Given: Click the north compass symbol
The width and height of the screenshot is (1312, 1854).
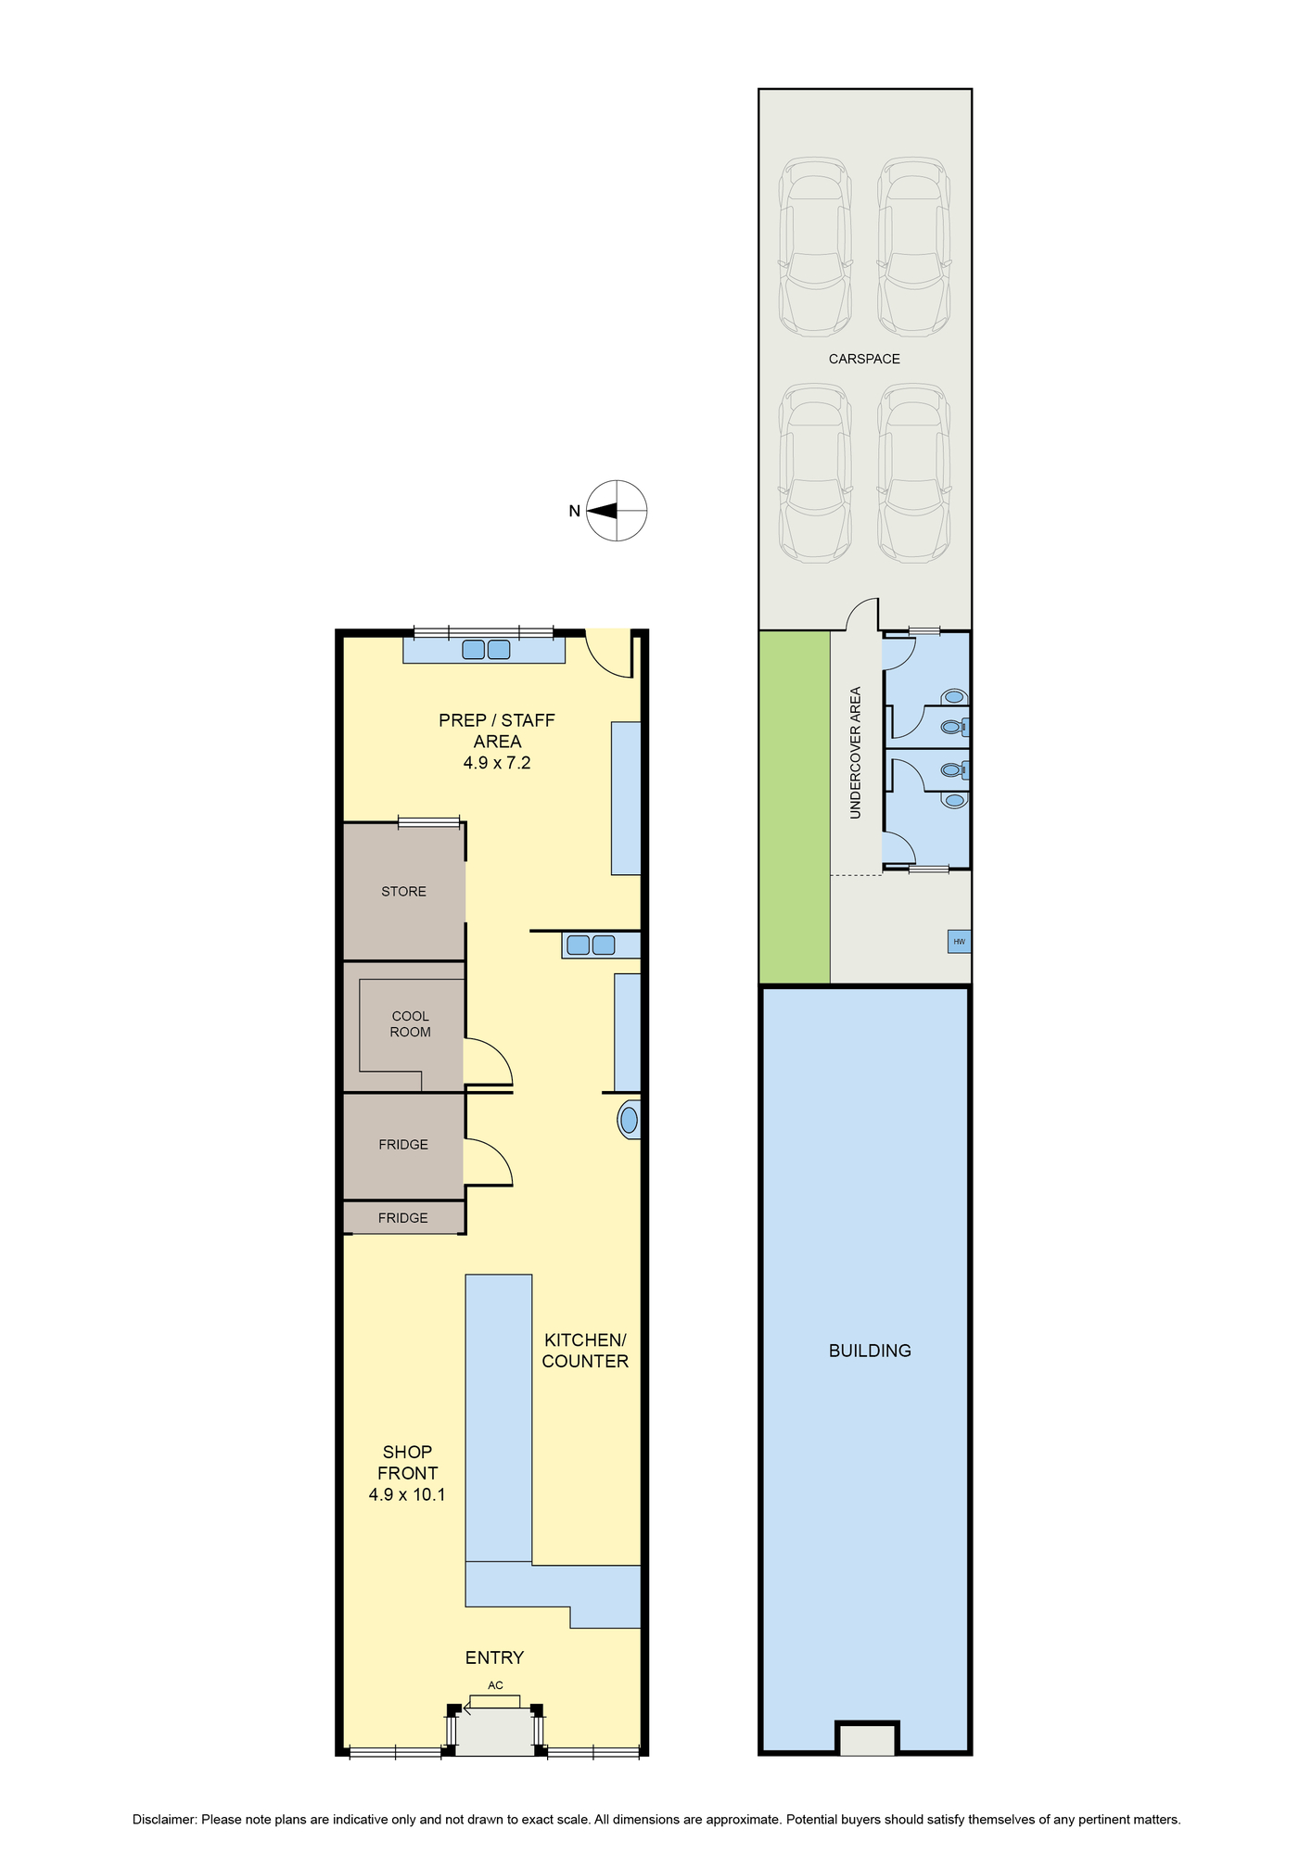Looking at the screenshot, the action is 617,511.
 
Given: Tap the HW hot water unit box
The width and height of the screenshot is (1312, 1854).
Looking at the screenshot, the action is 959,942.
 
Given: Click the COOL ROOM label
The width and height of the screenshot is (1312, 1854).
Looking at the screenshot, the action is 410,1024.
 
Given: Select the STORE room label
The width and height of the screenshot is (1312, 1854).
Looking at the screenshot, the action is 403,892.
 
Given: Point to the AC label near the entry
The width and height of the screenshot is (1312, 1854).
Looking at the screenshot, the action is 495,1685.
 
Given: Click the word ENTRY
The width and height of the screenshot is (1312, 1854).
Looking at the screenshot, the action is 494,1657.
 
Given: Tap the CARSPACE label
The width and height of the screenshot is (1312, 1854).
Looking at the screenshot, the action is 864,359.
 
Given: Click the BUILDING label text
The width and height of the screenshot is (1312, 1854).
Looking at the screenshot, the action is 870,1351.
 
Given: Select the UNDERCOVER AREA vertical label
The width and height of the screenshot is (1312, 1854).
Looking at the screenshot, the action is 855,752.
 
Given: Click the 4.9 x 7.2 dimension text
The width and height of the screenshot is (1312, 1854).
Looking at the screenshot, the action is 497,763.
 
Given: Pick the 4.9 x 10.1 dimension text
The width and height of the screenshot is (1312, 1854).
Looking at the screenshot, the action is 407,1494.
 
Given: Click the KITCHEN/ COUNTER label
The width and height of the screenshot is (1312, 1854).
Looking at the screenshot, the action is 585,1351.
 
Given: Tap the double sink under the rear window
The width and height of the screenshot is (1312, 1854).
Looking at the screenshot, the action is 486,650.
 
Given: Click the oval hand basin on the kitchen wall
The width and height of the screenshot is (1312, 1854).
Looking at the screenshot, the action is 630,1120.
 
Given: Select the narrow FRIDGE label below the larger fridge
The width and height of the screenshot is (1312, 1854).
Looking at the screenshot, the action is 403,1218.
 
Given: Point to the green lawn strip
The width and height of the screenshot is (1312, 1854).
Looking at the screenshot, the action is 795,806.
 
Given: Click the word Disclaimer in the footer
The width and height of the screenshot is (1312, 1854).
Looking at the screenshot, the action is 164,1820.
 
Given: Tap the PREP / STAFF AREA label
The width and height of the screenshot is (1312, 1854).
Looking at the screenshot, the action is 497,730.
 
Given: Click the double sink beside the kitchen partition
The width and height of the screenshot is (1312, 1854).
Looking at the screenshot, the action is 591,946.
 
